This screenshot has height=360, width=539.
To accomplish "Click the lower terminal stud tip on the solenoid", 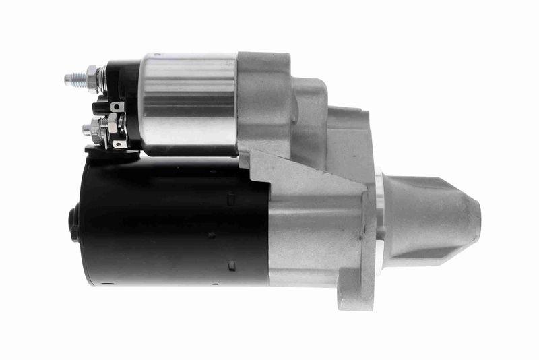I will [86, 128].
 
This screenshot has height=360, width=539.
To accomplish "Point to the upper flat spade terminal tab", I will [117, 107].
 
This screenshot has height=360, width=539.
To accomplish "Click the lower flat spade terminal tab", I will [120, 143].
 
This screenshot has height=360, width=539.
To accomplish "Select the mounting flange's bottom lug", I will [357, 297].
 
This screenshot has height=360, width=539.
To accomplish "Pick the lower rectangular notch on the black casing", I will [231, 265].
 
